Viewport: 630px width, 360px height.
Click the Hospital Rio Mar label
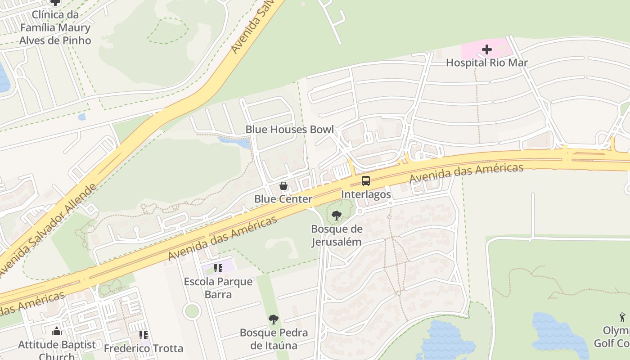click(x=486, y=63)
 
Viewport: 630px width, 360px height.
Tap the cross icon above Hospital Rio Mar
click(x=486, y=49)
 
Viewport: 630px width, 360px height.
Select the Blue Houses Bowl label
click(x=289, y=130)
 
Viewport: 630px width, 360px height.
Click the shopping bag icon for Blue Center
click(x=283, y=185)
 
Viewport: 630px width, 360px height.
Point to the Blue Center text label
click(x=283, y=199)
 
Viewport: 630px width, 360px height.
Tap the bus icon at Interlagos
click(x=366, y=181)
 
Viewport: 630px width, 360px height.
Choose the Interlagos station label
click(x=366, y=194)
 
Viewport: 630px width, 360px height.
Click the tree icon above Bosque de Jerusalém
click(x=336, y=216)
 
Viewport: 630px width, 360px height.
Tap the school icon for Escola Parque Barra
click(x=218, y=268)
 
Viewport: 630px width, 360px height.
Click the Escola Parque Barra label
click(x=218, y=288)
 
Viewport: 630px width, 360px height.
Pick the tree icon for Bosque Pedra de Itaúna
click(x=273, y=319)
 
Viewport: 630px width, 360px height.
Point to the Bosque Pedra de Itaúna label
click(x=274, y=339)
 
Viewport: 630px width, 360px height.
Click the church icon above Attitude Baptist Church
click(x=57, y=332)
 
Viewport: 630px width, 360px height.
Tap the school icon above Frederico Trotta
click(x=144, y=335)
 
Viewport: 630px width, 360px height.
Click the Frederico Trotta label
click(x=144, y=348)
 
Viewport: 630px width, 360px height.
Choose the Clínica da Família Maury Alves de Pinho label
click(x=55, y=27)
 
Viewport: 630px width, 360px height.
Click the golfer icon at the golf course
click(x=622, y=317)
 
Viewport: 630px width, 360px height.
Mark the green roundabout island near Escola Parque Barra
click(x=192, y=310)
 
